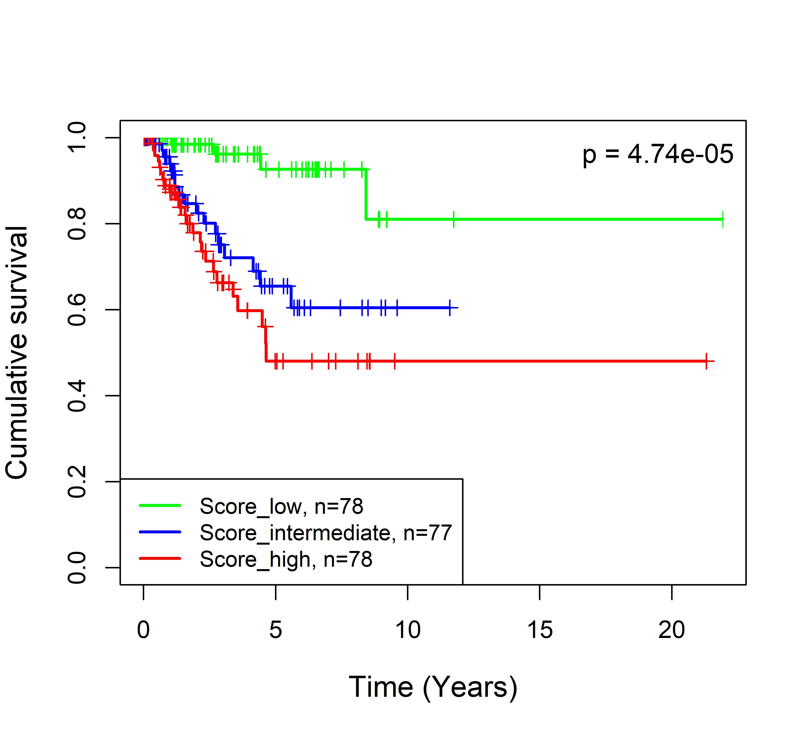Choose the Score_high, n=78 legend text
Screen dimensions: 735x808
(x=286, y=559)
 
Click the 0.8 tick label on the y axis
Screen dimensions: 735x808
(x=77, y=224)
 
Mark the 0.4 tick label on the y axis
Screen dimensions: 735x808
(x=77, y=396)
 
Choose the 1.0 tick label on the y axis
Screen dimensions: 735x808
(x=77, y=137)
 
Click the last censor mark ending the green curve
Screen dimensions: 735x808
(x=722, y=219)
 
